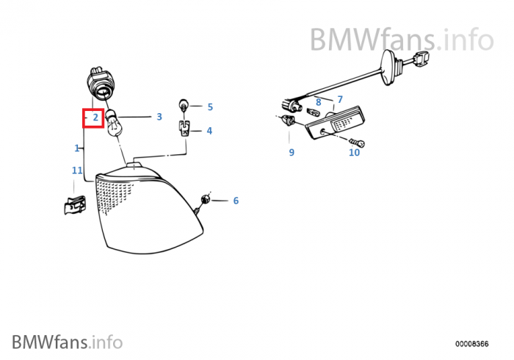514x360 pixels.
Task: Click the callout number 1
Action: coord(77,148)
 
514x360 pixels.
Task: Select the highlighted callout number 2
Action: coord(95,117)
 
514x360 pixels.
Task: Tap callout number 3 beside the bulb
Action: coord(159,116)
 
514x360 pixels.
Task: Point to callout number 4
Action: coord(209,131)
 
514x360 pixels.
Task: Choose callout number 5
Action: coord(209,107)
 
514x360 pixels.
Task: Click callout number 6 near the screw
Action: coord(236,200)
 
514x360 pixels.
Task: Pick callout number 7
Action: coord(339,99)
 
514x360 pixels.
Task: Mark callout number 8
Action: coord(318,102)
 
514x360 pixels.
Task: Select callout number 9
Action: coord(291,152)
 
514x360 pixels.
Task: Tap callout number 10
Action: coord(354,152)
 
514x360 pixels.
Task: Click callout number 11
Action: coord(76,170)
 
